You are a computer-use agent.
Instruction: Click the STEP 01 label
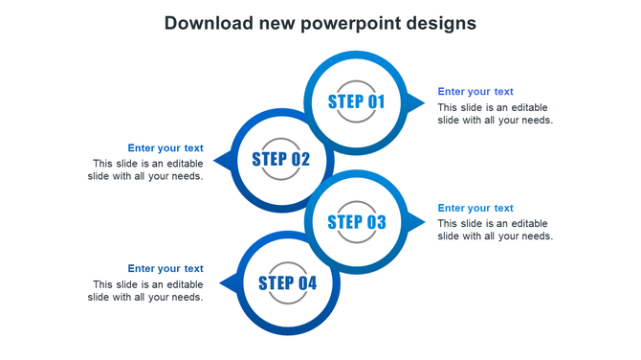[356, 101]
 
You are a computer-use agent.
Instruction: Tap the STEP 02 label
[281, 159]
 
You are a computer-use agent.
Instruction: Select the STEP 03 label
[356, 222]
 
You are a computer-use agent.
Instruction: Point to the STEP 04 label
[287, 282]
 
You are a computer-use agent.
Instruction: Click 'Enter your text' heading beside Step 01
[475, 92]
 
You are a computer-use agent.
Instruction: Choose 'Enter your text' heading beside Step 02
[166, 147]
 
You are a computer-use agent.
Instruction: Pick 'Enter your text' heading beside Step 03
[475, 208]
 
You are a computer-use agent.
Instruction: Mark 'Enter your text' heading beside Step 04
[166, 268]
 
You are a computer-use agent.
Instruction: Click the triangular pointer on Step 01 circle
[416, 102]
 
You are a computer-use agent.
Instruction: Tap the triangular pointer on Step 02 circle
[222, 160]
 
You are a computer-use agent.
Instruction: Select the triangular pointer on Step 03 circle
[416, 222]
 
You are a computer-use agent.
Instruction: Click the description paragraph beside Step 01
[496, 113]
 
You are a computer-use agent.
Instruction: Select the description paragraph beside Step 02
[145, 169]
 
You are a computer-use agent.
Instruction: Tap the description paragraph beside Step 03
[496, 230]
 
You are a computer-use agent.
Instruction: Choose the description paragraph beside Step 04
[145, 290]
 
